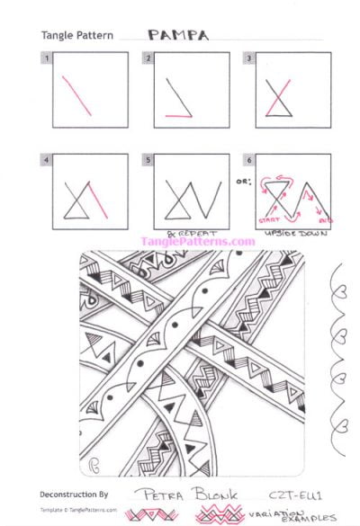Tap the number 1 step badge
click(x=45, y=58)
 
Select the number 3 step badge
click(x=248, y=58)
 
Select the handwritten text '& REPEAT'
click(x=182, y=231)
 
